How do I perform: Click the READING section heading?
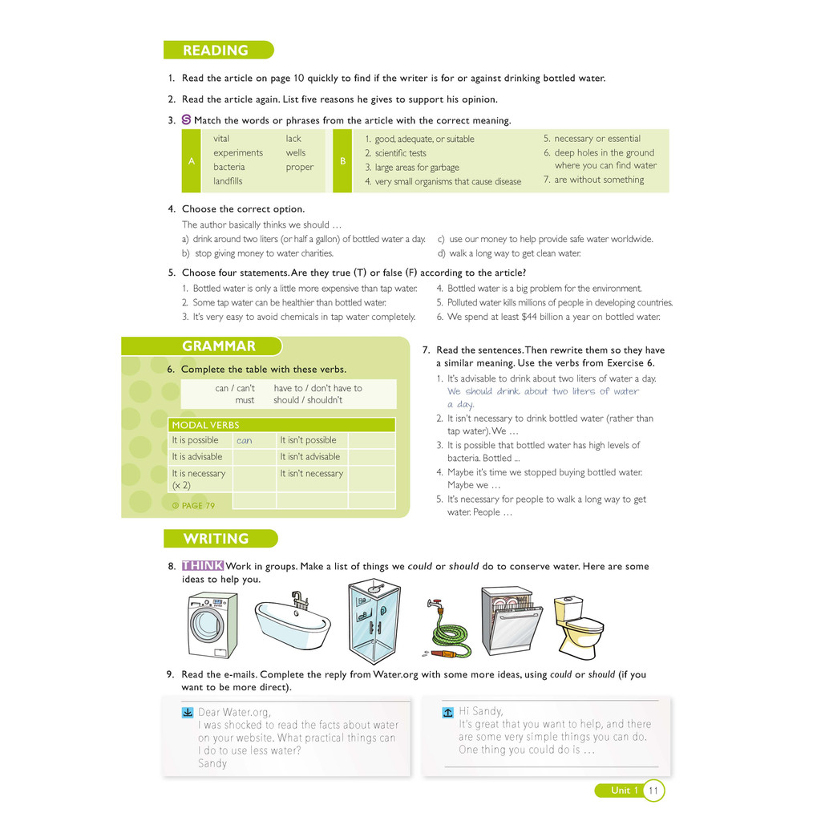coord(215,51)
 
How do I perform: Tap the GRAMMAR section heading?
coord(218,346)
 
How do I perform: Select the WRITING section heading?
coord(215,539)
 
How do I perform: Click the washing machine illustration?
coord(212,625)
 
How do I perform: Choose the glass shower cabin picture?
coord(374,621)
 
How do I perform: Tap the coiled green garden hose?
coord(451,633)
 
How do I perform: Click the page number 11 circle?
coord(653,791)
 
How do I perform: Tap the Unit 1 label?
coord(624,791)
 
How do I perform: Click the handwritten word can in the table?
coord(245,441)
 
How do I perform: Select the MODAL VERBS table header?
coord(205,425)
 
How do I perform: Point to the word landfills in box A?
coord(228,181)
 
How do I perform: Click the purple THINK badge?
coord(202,566)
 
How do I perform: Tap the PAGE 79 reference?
coord(193,506)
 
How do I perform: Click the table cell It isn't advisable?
coord(309,457)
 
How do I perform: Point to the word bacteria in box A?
coord(229,167)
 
